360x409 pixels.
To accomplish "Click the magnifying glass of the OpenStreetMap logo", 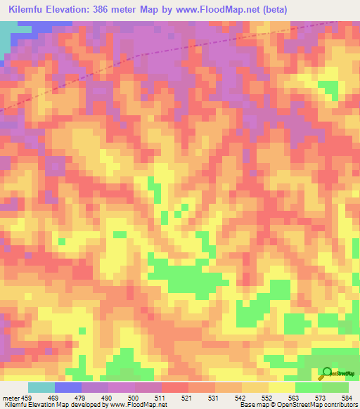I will click(x=326, y=372).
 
